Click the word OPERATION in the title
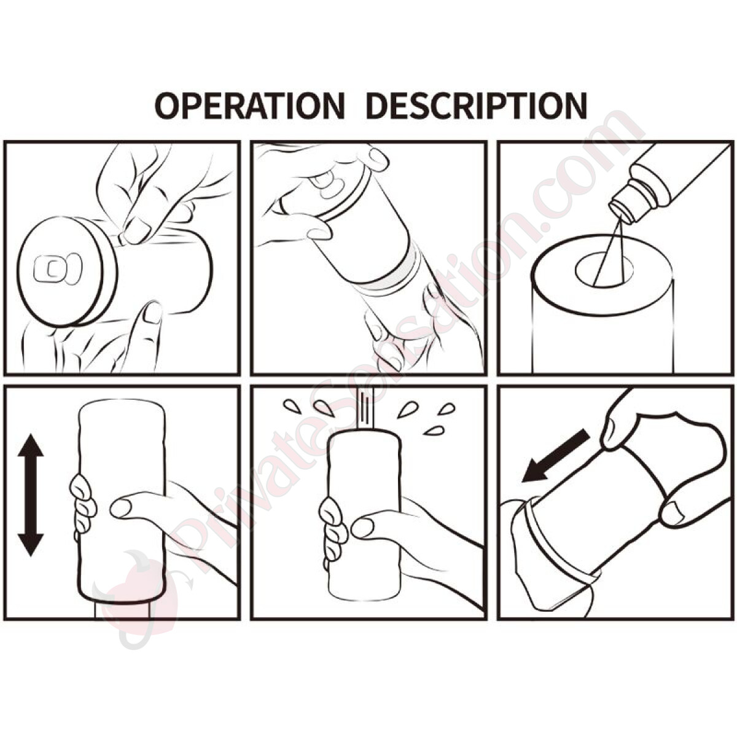250,105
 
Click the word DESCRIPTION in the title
476,105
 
